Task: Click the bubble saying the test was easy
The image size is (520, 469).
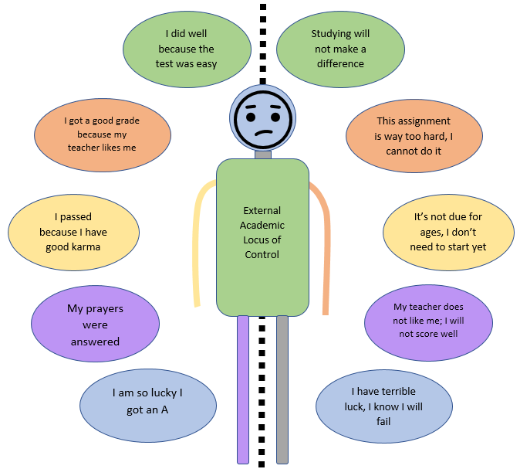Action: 186,49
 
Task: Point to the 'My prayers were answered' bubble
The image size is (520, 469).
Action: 96,325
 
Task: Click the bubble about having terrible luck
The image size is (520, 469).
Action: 383,406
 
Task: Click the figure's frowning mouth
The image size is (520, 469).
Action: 263,133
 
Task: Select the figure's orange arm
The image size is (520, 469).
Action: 324,247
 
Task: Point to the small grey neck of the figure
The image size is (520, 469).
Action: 263,154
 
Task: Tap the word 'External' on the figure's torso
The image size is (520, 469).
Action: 262,210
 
